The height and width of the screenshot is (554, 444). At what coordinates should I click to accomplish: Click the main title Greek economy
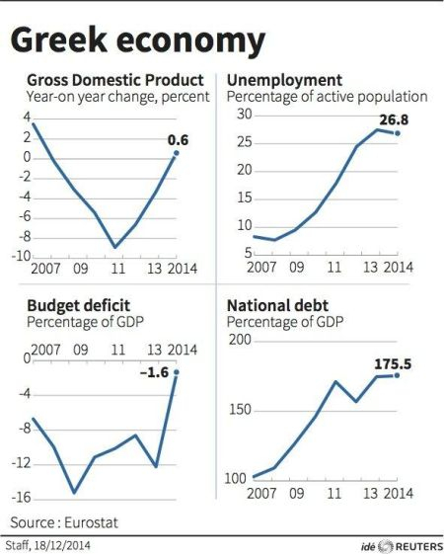click(138, 40)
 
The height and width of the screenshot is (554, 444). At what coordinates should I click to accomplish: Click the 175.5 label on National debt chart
click(392, 362)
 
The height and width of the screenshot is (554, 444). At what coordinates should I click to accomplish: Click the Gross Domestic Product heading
click(116, 80)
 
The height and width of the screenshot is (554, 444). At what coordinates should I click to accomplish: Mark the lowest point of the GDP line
click(116, 247)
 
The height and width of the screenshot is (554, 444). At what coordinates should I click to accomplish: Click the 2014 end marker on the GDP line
click(178, 153)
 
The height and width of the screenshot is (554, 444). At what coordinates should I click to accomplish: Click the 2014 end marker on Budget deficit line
click(178, 372)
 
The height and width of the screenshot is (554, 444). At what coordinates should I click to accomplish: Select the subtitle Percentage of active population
click(327, 97)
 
